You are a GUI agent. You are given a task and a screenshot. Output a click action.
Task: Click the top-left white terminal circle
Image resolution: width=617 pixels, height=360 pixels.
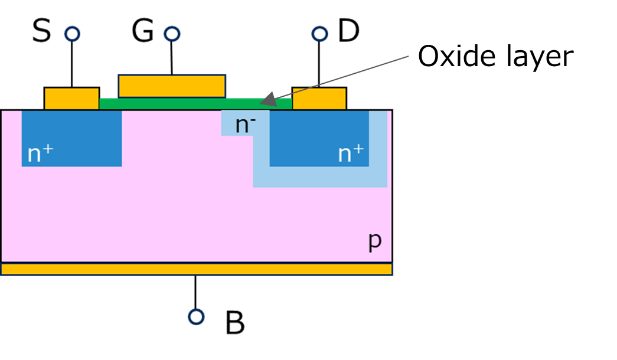pos(72,34)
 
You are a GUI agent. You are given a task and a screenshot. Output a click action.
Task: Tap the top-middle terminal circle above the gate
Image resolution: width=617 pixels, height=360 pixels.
pos(172,34)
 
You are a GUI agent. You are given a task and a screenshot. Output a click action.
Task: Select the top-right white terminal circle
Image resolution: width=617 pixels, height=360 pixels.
pos(319,34)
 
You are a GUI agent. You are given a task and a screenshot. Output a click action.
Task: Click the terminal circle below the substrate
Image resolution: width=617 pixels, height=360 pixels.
pos(196,317)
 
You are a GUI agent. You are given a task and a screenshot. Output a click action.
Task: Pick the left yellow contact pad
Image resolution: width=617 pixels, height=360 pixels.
pos(71,99)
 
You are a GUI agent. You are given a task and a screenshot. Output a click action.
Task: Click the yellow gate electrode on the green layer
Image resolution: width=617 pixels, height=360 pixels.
pos(172,86)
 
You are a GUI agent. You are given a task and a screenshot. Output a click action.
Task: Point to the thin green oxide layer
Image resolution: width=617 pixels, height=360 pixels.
pos(195,104)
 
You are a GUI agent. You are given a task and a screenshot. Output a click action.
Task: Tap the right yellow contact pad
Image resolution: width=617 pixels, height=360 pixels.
pos(319,99)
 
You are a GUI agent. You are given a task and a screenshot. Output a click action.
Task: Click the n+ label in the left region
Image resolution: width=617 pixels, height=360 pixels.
pos(40,154)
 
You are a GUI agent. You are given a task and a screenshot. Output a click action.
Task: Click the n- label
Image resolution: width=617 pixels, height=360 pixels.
pos(245,125)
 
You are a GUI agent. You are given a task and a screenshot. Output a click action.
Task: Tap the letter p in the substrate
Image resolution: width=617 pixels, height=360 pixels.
pos(375,241)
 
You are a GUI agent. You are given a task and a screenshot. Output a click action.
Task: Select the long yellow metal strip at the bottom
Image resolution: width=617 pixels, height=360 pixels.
pos(196,269)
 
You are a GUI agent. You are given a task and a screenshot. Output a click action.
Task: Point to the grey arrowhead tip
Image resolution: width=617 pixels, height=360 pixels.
pos(262,104)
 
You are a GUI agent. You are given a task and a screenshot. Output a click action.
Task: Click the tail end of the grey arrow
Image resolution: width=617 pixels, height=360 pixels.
pos(408,57)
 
